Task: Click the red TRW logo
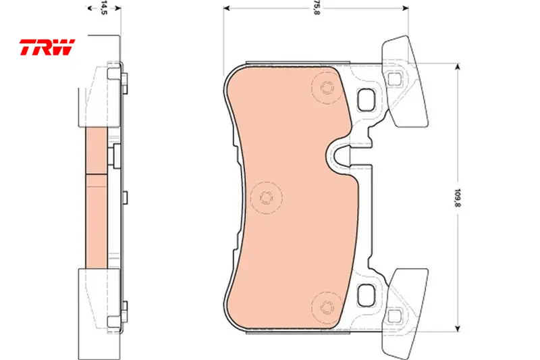click(x=47, y=47)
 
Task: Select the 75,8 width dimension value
click(x=317, y=7)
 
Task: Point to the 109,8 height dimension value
click(x=458, y=197)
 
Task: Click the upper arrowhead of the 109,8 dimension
click(x=458, y=67)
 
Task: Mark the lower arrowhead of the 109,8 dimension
click(x=458, y=328)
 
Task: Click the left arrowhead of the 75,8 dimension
click(x=227, y=8)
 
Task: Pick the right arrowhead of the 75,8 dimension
click(x=406, y=8)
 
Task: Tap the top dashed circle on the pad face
click(x=327, y=88)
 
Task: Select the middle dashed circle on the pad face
click(x=266, y=198)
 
